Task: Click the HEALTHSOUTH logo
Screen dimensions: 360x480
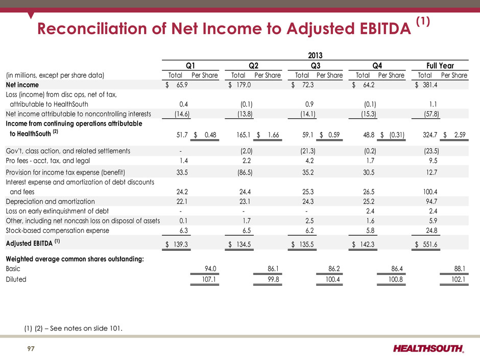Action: (x=429, y=349)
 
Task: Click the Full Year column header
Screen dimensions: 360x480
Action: (x=437, y=65)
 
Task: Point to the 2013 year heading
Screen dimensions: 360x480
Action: (x=314, y=55)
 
